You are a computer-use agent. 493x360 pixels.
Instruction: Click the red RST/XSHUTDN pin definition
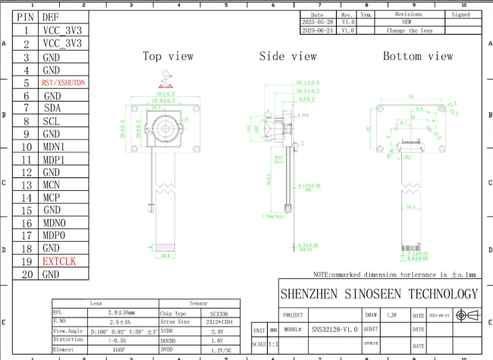click(64, 83)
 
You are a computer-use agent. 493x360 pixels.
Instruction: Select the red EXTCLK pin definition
click(59, 261)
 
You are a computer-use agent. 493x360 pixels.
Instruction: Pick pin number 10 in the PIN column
click(26, 147)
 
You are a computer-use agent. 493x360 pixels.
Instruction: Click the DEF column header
click(52, 17)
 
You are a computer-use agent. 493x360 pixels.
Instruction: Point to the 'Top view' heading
click(168, 56)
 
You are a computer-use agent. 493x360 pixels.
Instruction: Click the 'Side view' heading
click(287, 56)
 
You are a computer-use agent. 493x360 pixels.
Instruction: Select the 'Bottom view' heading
click(418, 56)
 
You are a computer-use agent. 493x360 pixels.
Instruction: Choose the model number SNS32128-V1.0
click(334, 330)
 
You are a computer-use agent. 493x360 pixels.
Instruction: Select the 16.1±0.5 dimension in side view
click(306, 82)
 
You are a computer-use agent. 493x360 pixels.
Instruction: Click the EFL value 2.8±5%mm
click(121, 311)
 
